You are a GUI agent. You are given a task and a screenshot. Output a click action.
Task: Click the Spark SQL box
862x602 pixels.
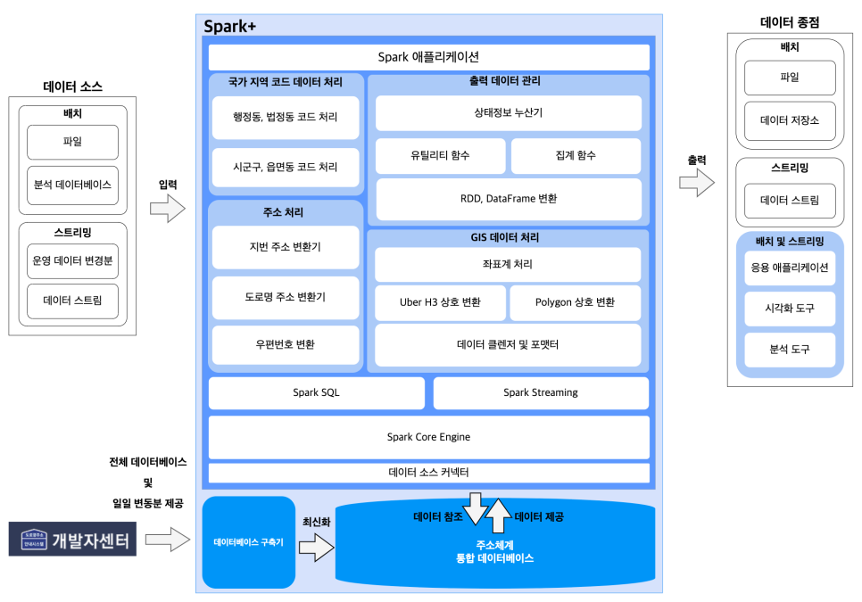316,392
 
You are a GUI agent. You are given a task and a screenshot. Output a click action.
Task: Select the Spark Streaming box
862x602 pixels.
541,392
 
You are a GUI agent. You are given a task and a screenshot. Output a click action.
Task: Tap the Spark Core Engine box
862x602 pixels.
428,437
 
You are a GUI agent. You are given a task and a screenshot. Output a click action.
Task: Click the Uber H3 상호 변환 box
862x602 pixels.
440,302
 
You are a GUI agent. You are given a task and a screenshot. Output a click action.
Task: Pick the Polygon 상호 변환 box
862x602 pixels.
575,302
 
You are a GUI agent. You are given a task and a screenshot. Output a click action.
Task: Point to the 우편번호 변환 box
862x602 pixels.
286,344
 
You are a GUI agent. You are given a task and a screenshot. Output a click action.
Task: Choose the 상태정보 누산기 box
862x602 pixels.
508,113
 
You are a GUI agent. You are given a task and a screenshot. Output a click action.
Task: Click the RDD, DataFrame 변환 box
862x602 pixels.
508,199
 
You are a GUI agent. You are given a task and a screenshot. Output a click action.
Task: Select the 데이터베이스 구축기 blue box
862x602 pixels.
249,542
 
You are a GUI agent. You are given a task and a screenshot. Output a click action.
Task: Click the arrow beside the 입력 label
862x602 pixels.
167,210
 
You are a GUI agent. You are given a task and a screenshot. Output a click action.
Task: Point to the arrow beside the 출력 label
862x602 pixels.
697,184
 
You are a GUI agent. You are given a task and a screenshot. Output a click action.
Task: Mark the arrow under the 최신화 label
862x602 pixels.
315,548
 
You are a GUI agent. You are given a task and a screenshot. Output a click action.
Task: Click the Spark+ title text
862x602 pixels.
230,27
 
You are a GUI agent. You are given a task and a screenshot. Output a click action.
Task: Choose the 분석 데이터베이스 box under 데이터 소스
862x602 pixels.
72,186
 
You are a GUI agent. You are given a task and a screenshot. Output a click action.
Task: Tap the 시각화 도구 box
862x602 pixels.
790,309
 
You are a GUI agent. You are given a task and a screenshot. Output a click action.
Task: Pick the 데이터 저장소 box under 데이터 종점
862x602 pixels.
790,120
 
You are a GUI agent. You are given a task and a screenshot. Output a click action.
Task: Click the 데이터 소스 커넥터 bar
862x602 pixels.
428,472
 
